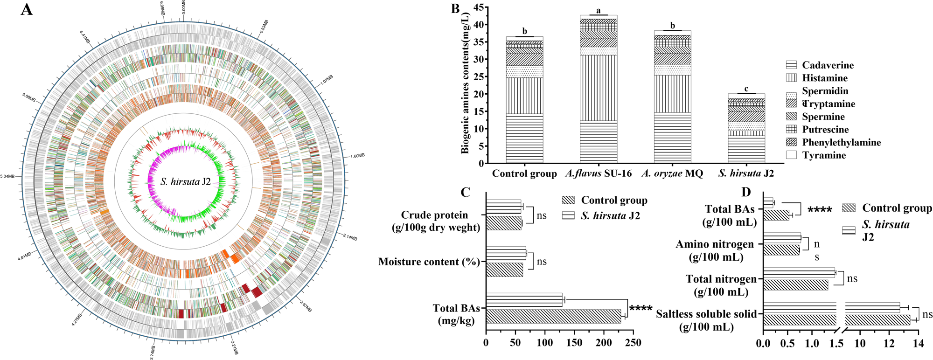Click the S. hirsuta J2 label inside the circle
pyautogui.click(x=186, y=182)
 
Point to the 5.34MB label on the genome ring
pyautogui.click(x=7, y=176)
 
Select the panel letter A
pyautogui.click(x=27, y=9)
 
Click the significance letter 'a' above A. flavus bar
pyautogui.click(x=599, y=10)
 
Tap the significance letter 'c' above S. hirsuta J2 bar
pyautogui.click(x=746, y=89)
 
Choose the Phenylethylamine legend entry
pyautogui.click(x=841, y=142)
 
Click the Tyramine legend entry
pyautogui.click(x=824, y=155)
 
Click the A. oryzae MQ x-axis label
pyautogui.click(x=672, y=173)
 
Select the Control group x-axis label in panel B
pyautogui.click(x=524, y=173)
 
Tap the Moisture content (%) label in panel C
pyautogui.click(x=429, y=262)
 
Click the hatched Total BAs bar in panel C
pyautogui.click(x=553, y=316)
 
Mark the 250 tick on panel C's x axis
pyautogui.click(x=633, y=343)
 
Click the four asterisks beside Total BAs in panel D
pyautogui.click(x=820, y=210)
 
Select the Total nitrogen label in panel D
pyautogui.click(x=721, y=279)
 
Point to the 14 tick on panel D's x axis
pyautogui.click(x=919, y=344)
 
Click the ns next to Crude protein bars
pyautogui.click(x=542, y=215)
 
